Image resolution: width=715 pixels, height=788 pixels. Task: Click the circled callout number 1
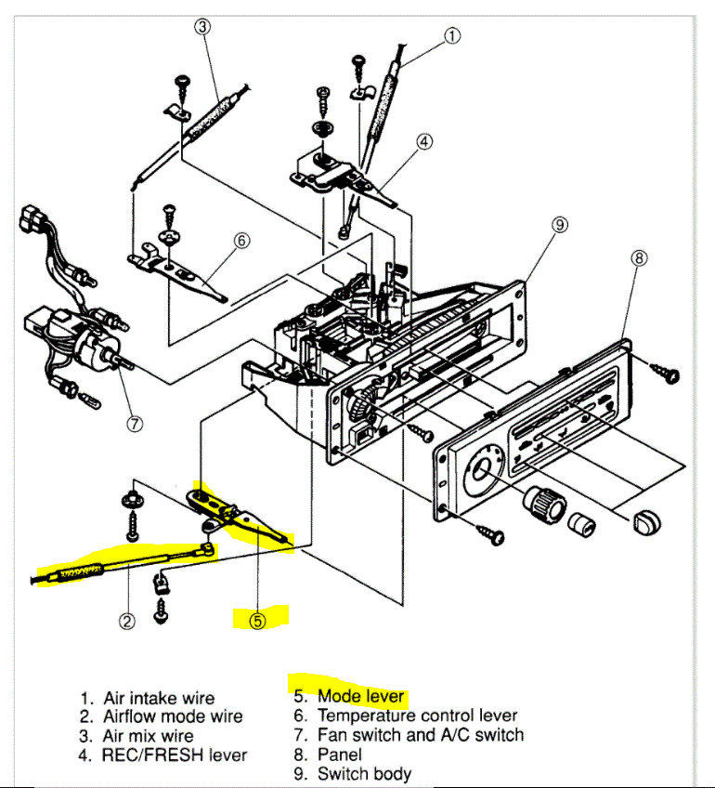coord(451,36)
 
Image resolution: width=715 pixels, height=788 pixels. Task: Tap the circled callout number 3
coord(202,26)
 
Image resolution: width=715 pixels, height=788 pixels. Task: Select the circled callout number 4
coord(423,142)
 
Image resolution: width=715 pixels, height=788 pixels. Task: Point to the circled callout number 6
coord(240,241)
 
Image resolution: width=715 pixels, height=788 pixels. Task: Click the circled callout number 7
coord(135,424)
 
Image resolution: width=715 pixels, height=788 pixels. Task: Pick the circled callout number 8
coord(639,259)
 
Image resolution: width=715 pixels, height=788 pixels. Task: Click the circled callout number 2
coord(127,621)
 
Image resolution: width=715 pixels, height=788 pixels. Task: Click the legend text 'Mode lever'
coord(360,696)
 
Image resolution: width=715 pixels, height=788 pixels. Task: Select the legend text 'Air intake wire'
coord(159,698)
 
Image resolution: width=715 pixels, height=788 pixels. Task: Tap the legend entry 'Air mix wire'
coord(149,736)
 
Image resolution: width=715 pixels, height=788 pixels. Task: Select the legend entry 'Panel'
coord(340,755)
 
